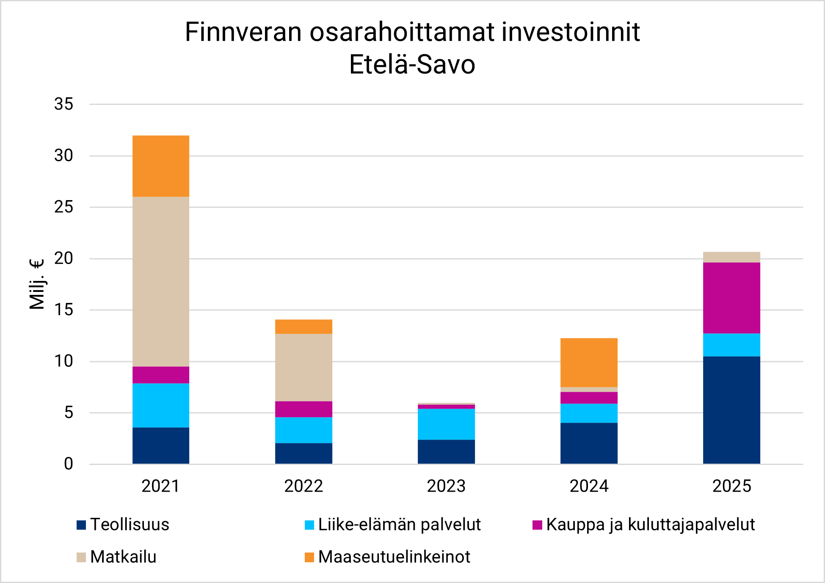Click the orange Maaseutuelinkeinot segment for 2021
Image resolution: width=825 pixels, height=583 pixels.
click(x=161, y=166)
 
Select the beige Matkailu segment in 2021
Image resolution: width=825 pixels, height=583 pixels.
click(x=161, y=281)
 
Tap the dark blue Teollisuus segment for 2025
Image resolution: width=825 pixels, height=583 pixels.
click(x=731, y=410)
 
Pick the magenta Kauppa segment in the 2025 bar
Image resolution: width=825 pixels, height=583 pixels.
click(x=731, y=298)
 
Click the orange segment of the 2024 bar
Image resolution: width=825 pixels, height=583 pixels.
click(x=589, y=363)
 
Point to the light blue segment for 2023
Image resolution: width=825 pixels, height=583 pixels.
click(x=446, y=424)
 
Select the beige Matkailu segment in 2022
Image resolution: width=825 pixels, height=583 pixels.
click(x=304, y=367)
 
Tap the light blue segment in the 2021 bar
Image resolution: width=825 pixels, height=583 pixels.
click(x=161, y=405)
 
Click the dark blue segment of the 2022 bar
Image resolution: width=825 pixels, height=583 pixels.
click(x=304, y=454)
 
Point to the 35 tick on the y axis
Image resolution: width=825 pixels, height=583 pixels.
click(x=64, y=104)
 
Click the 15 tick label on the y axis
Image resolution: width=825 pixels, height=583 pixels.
click(x=64, y=310)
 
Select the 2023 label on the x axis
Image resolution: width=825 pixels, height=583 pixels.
click(x=446, y=486)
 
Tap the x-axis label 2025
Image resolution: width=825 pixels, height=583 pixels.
click(x=731, y=486)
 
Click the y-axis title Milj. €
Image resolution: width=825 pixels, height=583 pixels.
click(x=37, y=284)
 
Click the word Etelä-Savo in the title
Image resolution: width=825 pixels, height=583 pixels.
click(x=412, y=65)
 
